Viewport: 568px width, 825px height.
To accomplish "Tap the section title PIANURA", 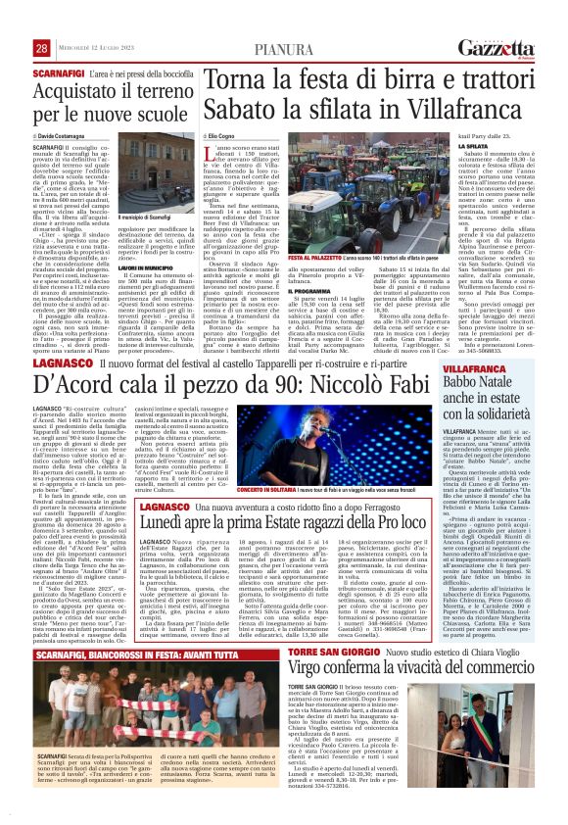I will (x=284, y=48).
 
